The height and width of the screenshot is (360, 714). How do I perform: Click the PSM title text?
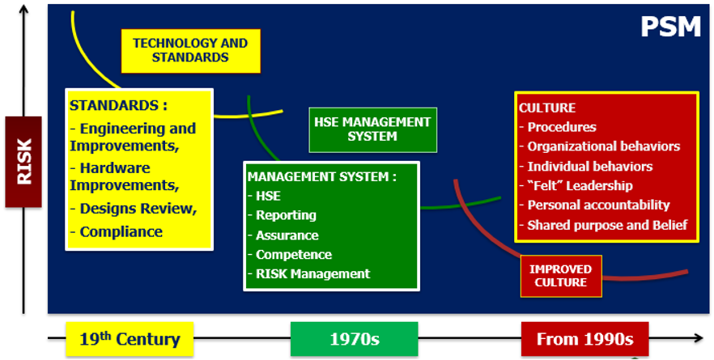pos(670,27)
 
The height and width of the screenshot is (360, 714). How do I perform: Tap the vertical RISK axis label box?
pos(23,162)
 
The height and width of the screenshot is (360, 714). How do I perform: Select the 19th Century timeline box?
pos(130,339)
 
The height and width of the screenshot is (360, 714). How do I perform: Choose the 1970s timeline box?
pos(355,339)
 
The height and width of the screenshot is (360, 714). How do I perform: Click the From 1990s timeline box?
pos(585,339)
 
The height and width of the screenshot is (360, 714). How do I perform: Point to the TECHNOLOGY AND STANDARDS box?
pos(191,50)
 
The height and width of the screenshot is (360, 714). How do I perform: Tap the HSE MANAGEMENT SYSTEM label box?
pos(372,129)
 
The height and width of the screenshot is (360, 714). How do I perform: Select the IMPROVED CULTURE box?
pos(561,276)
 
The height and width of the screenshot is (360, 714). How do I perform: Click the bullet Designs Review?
pos(134,209)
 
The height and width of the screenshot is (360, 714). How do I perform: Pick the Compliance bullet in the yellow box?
pos(117,231)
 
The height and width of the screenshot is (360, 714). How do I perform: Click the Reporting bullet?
pos(283,215)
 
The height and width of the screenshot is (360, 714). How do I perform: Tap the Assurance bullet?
pos(283,235)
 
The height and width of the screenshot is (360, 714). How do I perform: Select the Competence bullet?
pos(290,255)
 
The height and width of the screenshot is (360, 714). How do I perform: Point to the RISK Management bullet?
pos(309,274)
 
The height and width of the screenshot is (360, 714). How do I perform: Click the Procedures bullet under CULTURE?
pos(558,127)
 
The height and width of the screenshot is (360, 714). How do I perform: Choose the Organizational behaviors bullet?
pos(600,146)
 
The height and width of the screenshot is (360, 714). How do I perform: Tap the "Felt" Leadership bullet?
pos(576,186)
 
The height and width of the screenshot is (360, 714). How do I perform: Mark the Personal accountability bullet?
pos(595,205)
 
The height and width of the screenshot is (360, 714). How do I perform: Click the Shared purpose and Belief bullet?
pos(603,225)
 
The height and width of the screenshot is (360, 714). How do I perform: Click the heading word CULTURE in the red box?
pos(547,108)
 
